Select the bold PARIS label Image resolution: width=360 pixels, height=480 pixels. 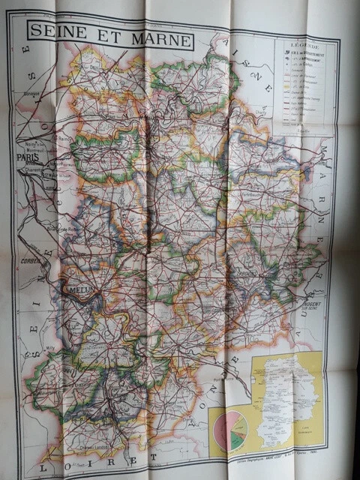pos(28,157)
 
